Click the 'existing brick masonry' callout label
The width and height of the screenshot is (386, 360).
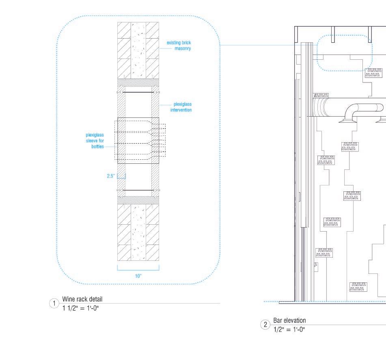[179, 46]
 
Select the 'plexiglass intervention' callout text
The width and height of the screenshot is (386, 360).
[181, 107]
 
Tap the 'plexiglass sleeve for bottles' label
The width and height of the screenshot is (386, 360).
[95, 141]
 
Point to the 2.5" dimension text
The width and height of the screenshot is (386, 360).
[110, 176]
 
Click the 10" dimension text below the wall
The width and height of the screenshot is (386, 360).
[138, 276]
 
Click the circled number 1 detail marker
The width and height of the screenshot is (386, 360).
[54, 304]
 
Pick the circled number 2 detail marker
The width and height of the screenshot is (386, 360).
[265, 325]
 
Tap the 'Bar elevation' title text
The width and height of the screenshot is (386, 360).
[289, 321]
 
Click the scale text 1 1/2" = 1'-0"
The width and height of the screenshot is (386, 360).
[80, 308]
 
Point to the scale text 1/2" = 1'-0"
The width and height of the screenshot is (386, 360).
[289, 329]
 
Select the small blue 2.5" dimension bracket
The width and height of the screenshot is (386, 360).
[121, 176]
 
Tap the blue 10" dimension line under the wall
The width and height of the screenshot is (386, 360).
[138, 269]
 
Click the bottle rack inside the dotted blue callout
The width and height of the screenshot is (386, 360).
[373, 72]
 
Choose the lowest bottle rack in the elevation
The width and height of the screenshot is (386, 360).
[358, 286]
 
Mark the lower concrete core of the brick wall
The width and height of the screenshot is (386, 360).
[138, 232]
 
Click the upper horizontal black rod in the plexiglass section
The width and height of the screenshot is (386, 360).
[138, 93]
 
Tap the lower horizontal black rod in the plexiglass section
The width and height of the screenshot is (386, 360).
[138, 190]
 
